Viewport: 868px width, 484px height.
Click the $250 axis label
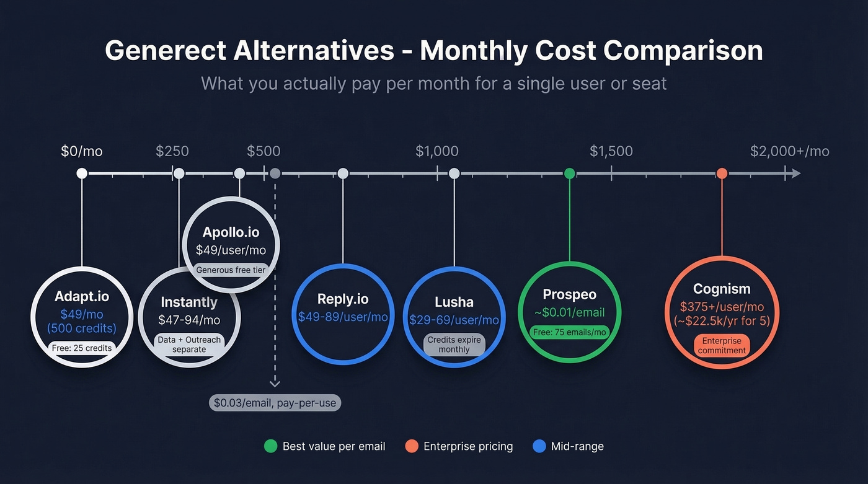point(172,151)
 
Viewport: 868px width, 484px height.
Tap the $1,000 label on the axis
point(437,151)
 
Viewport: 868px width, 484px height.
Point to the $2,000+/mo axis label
point(789,151)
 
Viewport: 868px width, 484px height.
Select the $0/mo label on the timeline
point(81,151)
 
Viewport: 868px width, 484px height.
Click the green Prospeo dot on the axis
point(570,174)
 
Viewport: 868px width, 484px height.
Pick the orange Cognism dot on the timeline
point(722,174)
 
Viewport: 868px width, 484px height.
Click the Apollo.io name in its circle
point(231,232)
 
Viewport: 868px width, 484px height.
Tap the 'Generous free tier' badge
point(231,270)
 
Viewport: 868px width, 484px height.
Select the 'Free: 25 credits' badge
point(82,348)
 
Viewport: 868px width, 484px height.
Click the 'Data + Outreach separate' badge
point(189,345)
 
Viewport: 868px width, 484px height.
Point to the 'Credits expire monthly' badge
point(454,345)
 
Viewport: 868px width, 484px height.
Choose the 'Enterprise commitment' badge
point(722,345)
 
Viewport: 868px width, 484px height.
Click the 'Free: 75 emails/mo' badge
point(570,332)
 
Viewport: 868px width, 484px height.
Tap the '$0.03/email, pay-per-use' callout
point(275,403)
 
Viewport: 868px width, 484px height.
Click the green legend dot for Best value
point(270,446)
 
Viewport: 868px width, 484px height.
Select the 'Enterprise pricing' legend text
point(468,446)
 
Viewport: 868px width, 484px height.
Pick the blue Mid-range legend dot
point(539,446)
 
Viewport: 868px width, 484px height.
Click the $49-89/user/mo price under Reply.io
point(343,317)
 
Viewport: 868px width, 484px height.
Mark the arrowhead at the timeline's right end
point(795,174)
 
